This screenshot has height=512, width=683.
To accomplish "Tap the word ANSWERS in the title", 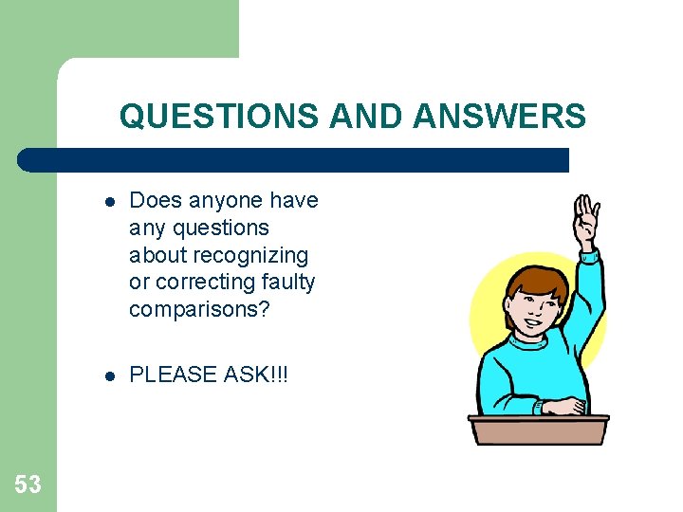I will pyautogui.click(x=499, y=117).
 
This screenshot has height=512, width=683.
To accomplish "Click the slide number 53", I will pyautogui.click(x=28, y=485).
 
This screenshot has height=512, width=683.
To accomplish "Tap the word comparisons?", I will pyautogui.click(x=200, y=309).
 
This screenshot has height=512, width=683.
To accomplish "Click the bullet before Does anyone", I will pyautogui.click(x=110, y=202).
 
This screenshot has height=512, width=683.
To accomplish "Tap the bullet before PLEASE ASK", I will pyautogui.click(x=110, y=375).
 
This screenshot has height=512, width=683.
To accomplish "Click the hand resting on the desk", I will pyautogui.click(x=563, y=406).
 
